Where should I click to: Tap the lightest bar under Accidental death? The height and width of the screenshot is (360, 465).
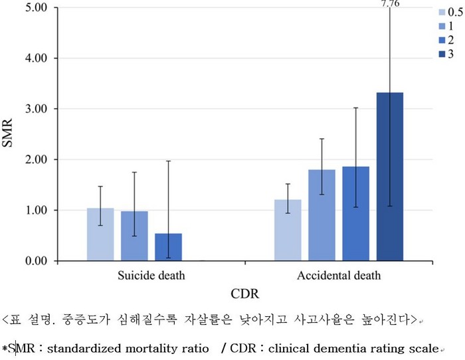coord(288,230)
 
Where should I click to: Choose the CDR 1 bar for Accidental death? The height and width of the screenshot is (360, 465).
coord(322,215)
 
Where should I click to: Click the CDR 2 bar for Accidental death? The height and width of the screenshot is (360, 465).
coord(355,214)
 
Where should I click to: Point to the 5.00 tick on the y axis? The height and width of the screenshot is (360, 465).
coord(38,8)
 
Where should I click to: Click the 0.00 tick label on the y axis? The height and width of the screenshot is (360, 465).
coord(38,261)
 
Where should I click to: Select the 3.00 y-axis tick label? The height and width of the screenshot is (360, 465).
coord(38,109)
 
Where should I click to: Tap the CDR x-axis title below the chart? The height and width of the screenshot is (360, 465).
coord(244,293)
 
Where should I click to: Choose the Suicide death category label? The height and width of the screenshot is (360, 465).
coord(151,274)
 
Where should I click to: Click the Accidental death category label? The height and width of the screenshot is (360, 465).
coord(338,274)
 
